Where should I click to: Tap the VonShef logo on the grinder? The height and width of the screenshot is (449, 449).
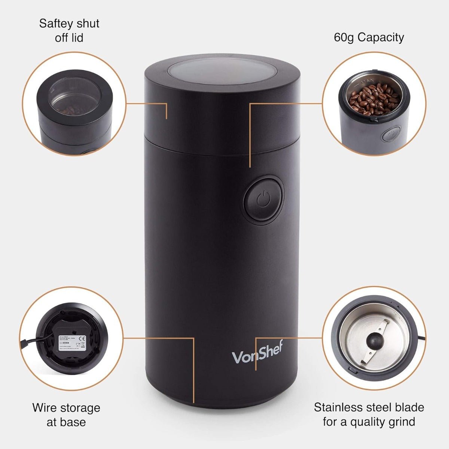point(258,354)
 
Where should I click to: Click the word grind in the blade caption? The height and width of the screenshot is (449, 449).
point(401,422)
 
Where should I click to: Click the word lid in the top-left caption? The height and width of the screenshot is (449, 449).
point(77,38)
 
